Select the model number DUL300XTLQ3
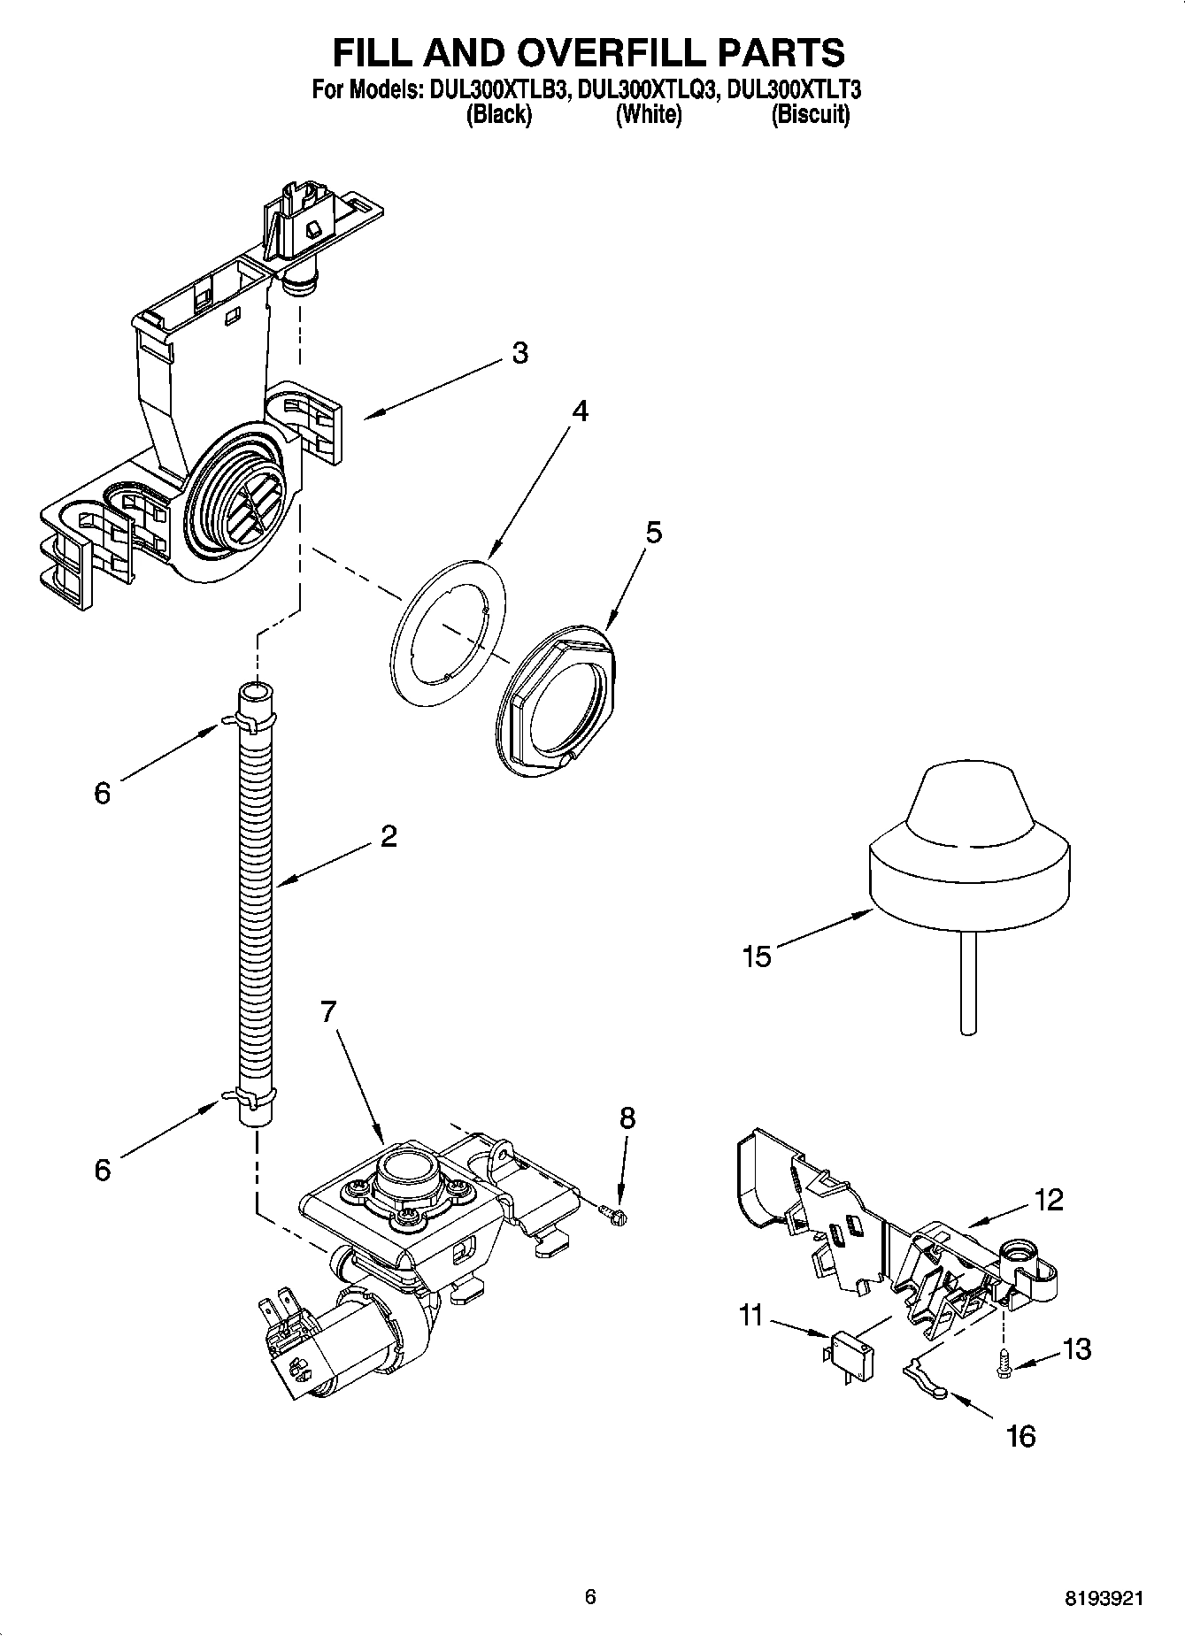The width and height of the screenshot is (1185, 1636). (x=646, y=90)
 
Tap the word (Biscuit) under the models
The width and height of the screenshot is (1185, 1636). (x=810, y=114)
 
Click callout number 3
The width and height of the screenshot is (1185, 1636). (x=520, y=353)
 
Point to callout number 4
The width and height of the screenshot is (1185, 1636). (x=580, y=411)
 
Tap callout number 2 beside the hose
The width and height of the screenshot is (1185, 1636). (x=389, y=836)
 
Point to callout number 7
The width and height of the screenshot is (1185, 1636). (x=328, y=1011)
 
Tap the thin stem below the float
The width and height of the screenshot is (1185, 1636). (x=968, y=982)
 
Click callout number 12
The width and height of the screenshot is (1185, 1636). (x=1048, y=1201)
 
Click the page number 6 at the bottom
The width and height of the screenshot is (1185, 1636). (x=590, y=1596)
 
